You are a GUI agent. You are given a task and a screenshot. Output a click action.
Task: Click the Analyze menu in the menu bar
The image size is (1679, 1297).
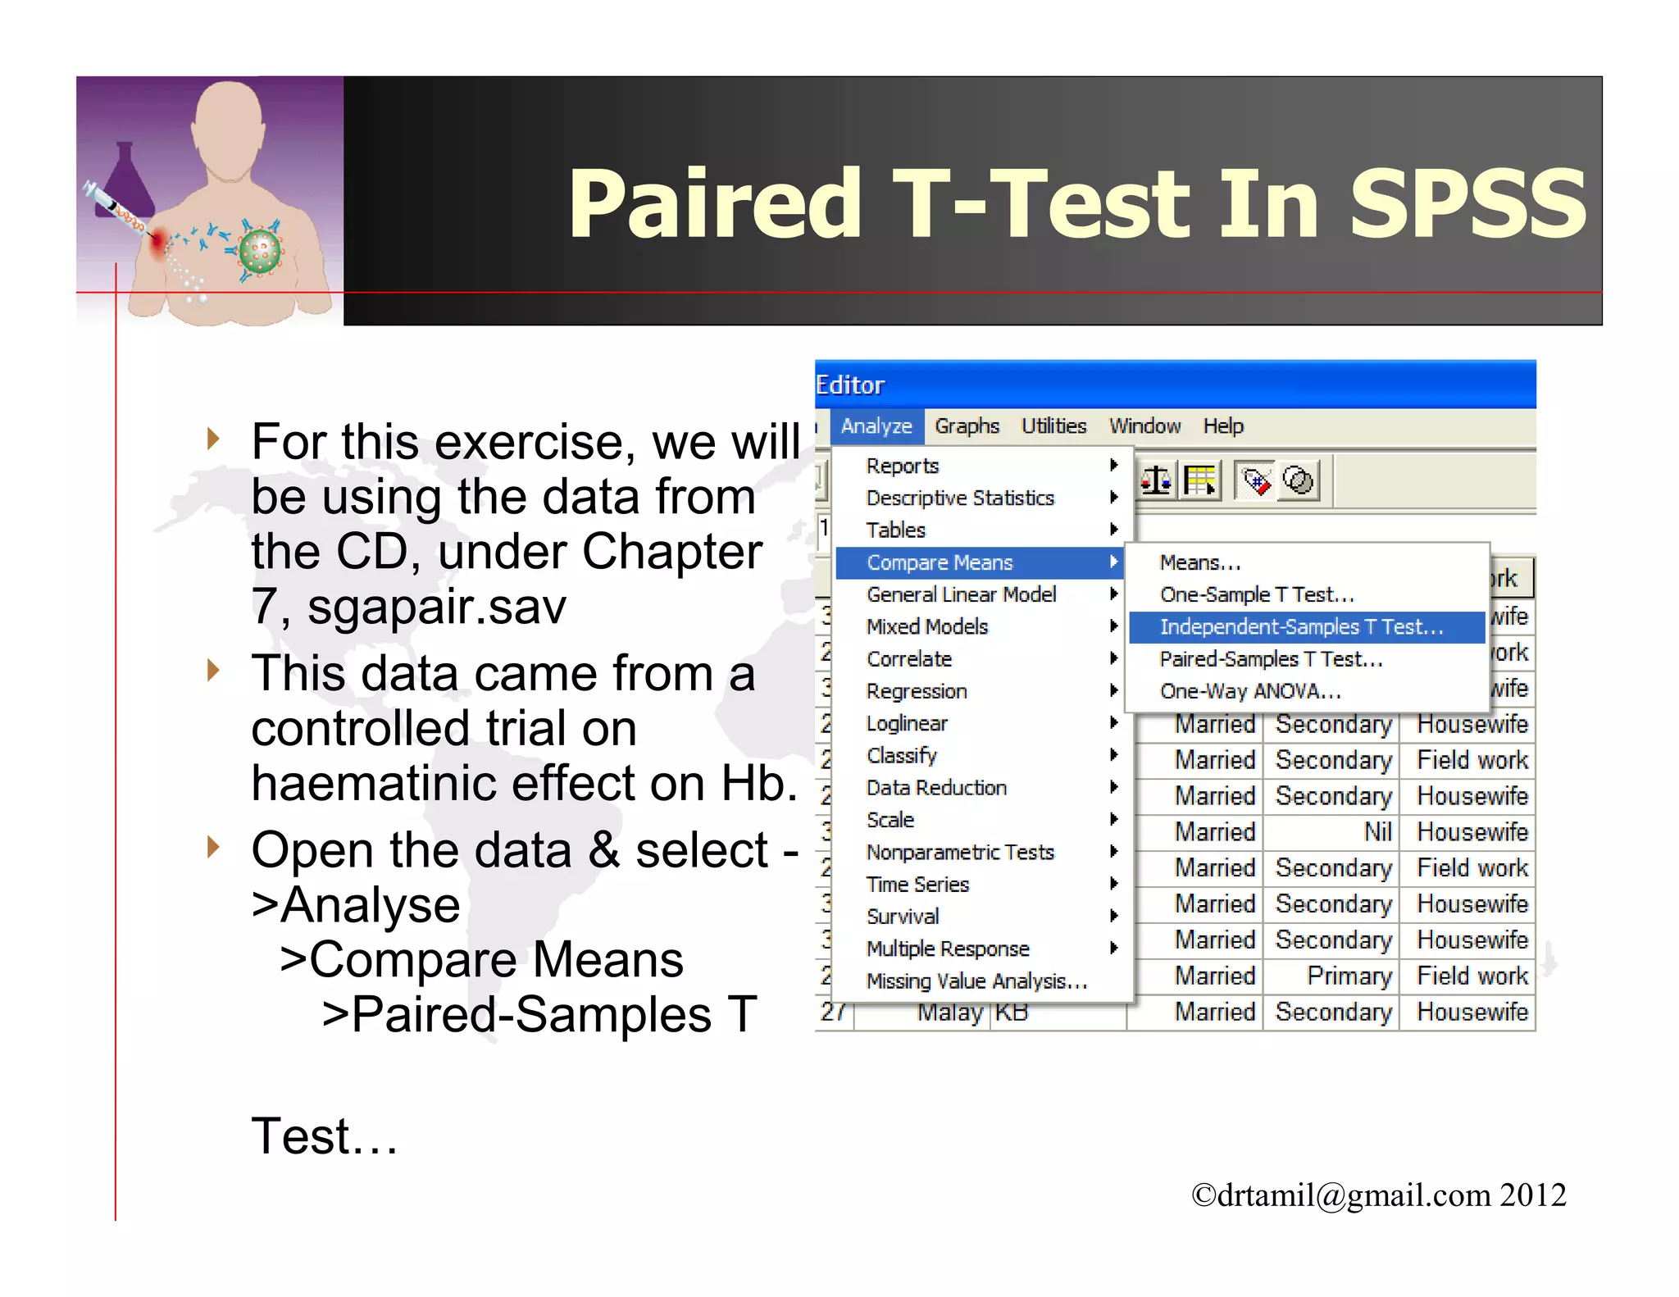click(876, 426)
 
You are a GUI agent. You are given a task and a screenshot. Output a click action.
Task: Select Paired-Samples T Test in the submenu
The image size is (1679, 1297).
click(1270, 659)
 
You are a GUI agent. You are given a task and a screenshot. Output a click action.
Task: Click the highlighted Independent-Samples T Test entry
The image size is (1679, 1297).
click(1301, 627)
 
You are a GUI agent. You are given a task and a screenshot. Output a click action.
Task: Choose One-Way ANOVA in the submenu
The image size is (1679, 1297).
click(1250, 691)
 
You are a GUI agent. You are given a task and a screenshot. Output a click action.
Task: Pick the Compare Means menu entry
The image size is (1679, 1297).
click(940, 562)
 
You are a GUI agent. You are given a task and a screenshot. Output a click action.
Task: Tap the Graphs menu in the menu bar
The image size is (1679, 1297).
click(967, 426)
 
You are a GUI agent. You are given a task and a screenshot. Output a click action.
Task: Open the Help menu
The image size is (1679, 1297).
click(1222, 426)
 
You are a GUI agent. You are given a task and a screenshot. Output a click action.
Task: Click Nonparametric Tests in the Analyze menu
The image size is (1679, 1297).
click(959, 853)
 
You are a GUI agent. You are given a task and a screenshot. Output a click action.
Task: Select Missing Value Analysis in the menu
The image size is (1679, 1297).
click(976, 981)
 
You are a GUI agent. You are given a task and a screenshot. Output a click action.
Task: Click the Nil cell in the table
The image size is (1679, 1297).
click(1377, 832)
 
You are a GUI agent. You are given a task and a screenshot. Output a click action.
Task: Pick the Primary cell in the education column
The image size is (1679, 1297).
click(1349, 976)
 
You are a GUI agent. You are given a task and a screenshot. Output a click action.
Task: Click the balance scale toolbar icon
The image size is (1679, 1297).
click(1156, 480)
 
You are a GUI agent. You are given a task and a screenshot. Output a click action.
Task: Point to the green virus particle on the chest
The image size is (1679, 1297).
click(260, 252)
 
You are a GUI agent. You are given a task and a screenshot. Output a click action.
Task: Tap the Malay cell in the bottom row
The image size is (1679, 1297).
click(949, 1013)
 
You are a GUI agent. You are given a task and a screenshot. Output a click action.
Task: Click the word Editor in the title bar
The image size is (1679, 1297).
click(850, 385)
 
